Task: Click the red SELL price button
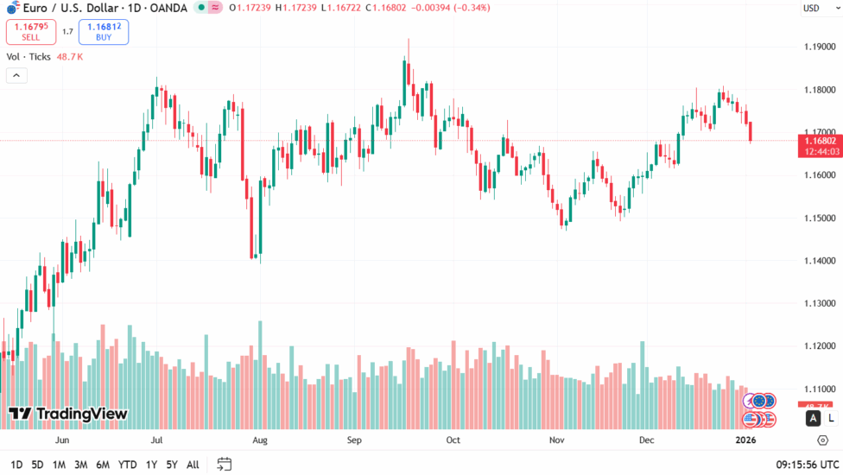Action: (31, 32)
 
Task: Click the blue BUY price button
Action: (104, 32)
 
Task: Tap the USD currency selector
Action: (811, 9)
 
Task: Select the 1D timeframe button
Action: (16, 465)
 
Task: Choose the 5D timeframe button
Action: (37, 465)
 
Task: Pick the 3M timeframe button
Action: (80, 465)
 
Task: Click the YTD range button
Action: (128, 465)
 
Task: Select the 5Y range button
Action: (172, 465)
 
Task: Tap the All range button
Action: (193, 465)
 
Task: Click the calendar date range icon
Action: (225, 465)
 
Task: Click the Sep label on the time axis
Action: (353, 440)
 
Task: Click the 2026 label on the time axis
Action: (746, 440)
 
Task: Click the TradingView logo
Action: (68, 414)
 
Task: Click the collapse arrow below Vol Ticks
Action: (16, 75)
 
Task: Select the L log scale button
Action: (831, 419)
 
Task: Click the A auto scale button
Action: (813, 419)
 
